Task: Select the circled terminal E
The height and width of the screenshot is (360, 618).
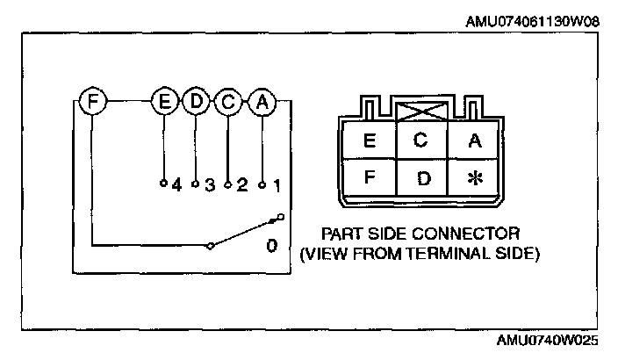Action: [163, 102]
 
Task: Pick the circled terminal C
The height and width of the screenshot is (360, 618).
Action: [228, 102]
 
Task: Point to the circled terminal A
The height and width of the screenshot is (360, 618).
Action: [262, 102]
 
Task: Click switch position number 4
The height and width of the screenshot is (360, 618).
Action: [176, 185]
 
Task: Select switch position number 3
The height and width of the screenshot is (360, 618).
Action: [210, 185]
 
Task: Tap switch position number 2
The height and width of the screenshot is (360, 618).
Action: [242, 185]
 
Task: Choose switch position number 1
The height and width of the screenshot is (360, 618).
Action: [276, 185]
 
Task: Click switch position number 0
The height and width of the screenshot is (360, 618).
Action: [272, 246]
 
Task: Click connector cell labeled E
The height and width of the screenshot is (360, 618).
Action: [370, 139]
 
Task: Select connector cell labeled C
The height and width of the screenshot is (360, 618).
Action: [421, 139]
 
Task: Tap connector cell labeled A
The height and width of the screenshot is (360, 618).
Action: [474, 139]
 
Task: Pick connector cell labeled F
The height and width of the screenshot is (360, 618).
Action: [370, 178]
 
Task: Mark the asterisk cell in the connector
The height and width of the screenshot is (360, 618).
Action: [474, 178]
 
